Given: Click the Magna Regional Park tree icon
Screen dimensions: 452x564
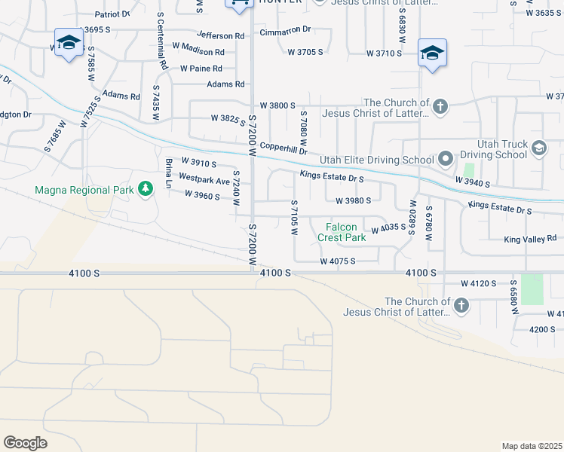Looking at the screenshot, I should [x=143, y=190].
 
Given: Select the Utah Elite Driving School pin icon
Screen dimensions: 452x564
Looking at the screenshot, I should [x=445, y=159].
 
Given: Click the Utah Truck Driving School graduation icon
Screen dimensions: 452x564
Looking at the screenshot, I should [x=538, y=148].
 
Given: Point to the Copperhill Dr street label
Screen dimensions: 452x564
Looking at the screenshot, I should [x=284, y=150].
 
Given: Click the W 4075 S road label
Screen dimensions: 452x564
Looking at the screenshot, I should [x=337, y=261].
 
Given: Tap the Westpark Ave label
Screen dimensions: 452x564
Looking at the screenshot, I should [x=204, y=181].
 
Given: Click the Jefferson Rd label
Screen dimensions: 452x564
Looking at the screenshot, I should [x=221, y=35].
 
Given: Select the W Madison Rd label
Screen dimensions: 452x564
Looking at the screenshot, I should [x=197, y=52].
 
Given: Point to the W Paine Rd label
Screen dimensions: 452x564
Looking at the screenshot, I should [x=201, y=69].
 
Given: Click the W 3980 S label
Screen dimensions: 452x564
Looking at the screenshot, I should [x=354, y=201].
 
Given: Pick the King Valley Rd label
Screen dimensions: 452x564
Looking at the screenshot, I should [x=530, y=238].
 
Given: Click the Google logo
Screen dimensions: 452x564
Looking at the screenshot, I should [x=25, y=442].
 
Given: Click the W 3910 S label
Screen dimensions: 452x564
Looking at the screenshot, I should [x=198, y=163].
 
